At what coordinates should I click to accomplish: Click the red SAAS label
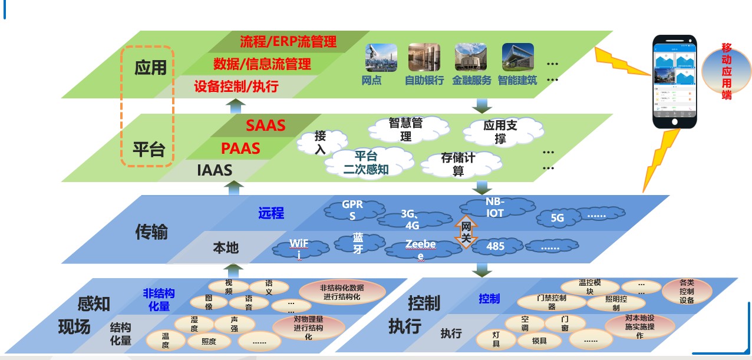coord(265,125)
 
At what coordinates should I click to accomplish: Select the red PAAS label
coord(240,148)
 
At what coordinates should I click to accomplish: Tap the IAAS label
coord(215,170)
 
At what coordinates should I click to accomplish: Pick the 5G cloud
coord(557,218)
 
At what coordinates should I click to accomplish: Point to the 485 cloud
coord(496,246)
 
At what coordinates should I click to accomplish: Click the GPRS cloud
coord(352,210)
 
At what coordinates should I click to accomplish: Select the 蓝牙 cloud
coord(358,243)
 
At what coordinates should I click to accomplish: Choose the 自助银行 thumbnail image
coord(424,57)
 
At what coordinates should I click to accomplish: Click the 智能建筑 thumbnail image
coord(517,57)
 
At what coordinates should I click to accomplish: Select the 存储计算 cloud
coord(458,164)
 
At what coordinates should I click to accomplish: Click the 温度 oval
coord(166,339)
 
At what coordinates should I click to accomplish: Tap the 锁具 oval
coord(539,341)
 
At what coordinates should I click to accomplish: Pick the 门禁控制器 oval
coord(552,302)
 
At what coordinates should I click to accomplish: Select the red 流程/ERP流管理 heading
coord(288,41)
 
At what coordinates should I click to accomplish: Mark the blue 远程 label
coord(271,213)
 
